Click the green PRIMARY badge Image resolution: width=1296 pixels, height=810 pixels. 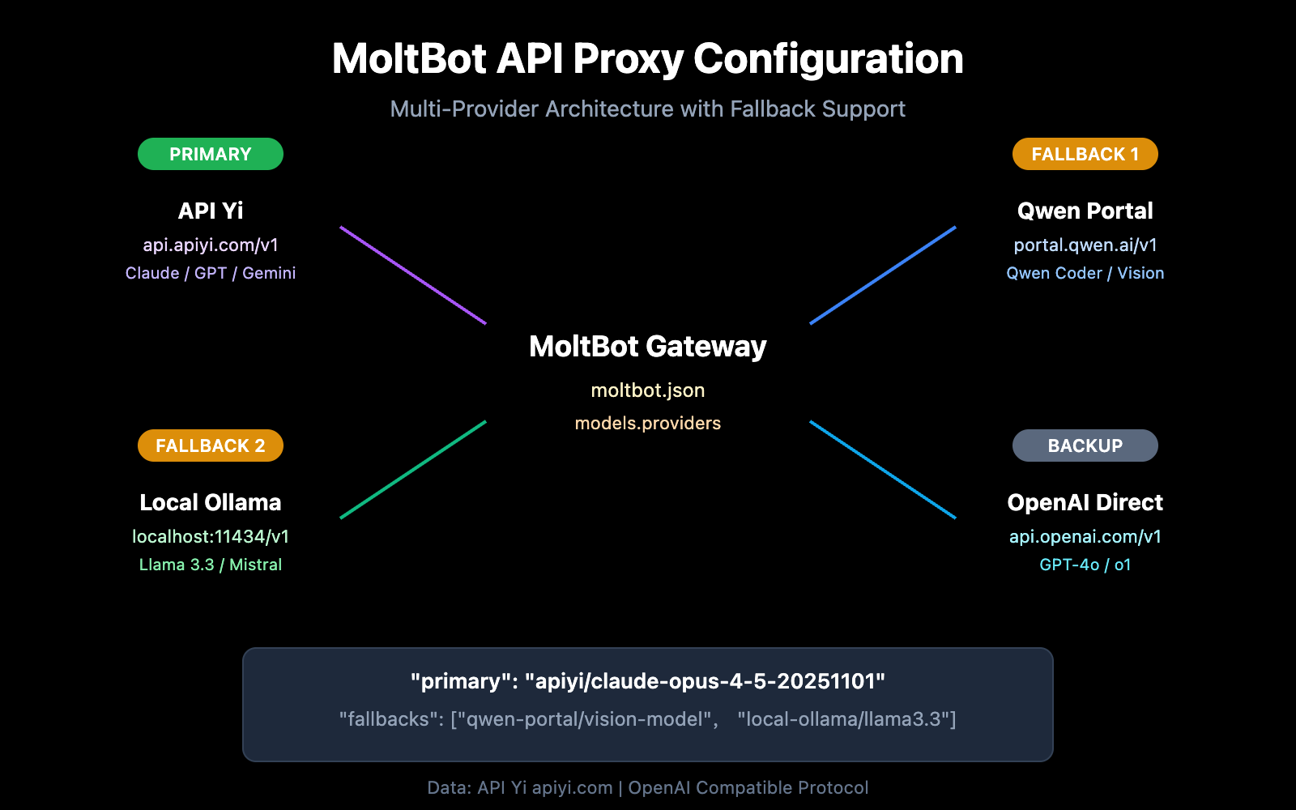pos(211,154)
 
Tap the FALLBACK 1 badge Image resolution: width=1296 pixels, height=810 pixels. pos(1085,154)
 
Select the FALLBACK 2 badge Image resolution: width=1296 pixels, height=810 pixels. pos(211,446)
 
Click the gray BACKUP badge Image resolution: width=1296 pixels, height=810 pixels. pos(1085,446)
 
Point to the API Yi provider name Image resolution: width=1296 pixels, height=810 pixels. pos(211,211)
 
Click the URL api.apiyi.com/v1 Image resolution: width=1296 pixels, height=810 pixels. pos(211,245)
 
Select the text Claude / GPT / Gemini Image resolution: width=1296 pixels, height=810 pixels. pos(211,273)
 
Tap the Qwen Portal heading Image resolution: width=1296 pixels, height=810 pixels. pos(1085,211)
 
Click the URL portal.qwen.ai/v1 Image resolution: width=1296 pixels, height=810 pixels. pos(1085,245)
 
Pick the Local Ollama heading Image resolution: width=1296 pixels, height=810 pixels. pos(211,502)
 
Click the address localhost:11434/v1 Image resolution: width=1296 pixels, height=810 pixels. pos(211,536)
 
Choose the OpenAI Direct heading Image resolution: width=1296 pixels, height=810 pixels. pos(1085,502)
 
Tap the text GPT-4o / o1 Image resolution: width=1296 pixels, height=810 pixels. pos(1085,565)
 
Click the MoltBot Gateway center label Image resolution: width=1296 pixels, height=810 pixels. pos(647,347)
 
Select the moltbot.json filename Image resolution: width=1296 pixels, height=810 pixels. pos(647,390)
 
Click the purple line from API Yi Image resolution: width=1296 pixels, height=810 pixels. pos(413,275)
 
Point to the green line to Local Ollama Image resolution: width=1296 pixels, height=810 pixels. pos(413,470)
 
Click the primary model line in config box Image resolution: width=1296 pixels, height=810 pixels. pos(647,681)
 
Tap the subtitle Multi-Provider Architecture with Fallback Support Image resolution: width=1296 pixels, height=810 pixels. pos(647,109)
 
